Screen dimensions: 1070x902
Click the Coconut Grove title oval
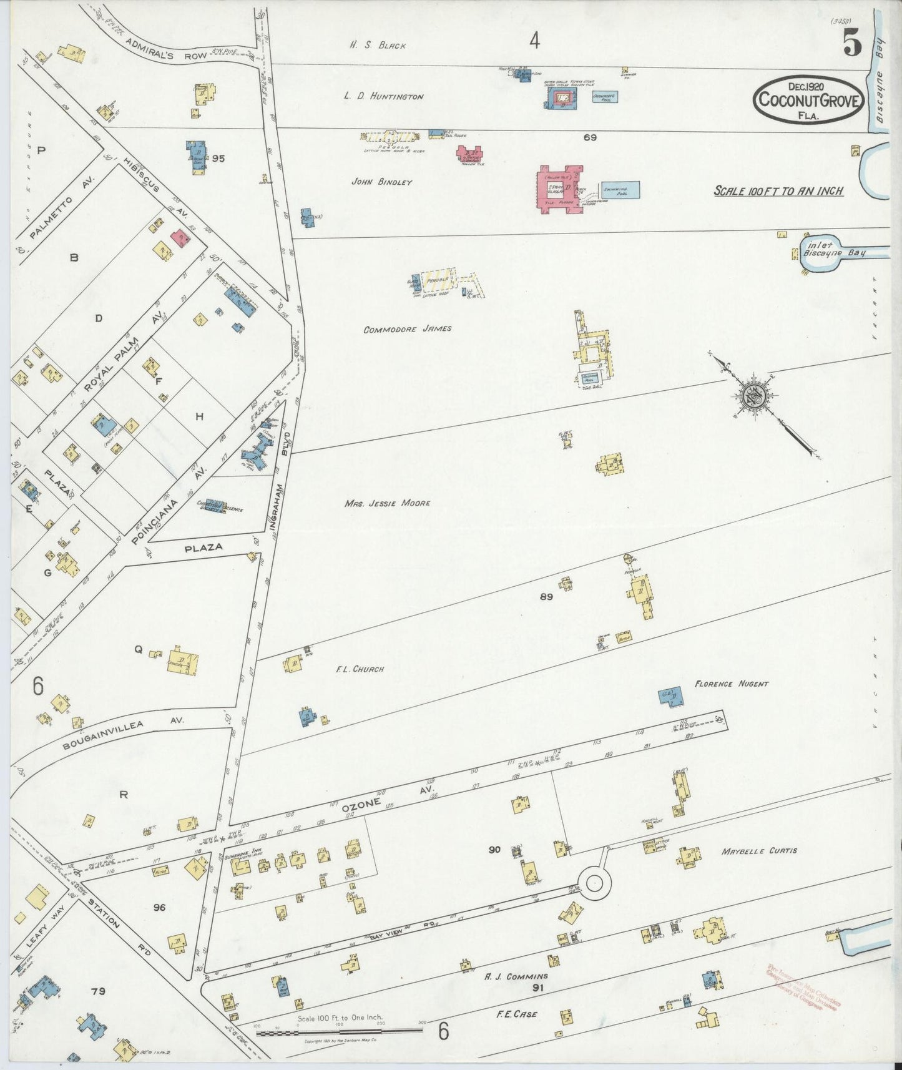809,100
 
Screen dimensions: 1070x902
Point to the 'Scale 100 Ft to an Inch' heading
778,191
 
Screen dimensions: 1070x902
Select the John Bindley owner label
381,182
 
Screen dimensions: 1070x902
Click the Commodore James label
407,329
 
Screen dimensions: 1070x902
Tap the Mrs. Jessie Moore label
387,503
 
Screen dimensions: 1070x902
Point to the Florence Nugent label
731,684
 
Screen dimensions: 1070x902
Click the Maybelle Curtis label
758,851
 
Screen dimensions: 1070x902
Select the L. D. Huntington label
383,96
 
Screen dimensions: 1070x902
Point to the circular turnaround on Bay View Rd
594,882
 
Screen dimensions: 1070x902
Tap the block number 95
218,159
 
